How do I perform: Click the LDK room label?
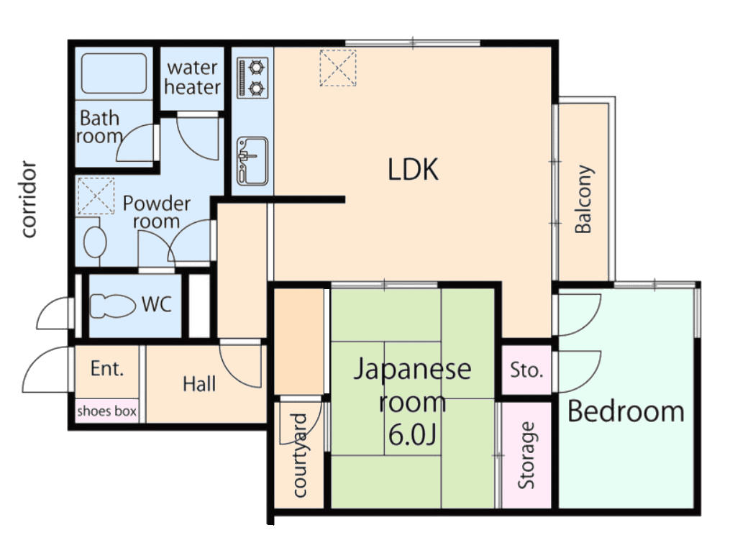[413, 169]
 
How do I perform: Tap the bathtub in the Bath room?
[114, 73]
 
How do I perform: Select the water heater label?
[192, 78]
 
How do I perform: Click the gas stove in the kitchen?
[252, 78]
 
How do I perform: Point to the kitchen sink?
[252, 161]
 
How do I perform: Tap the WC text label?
[157, 305]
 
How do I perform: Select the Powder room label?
[157, 212]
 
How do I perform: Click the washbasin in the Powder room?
[95, 242]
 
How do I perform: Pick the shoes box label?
[107, 411]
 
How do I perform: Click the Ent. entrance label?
[107, 368]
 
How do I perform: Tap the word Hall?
[199, 385]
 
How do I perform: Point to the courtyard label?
[299, 455]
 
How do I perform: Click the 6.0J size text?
[413, 434]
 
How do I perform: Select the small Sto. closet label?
[526, 370]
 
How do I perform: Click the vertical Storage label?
[526, 455]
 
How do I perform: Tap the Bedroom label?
[626, 411]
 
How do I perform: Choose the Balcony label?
[584, 198]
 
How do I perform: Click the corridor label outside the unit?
[29, 199]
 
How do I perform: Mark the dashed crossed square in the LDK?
[338, 68]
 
